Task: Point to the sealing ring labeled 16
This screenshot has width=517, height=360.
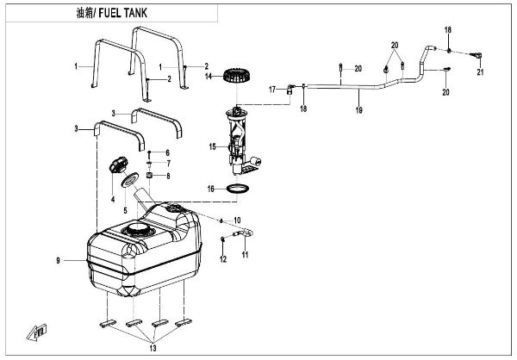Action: pyautogui.click(x=240, y=188)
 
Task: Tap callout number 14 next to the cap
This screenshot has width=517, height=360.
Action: pyautogui.click(x=209, y=77)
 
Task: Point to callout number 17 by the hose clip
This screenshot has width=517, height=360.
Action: pyautogui.click(x=271, y=89)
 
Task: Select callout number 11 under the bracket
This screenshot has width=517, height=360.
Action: pyautogui.click(x=245, y=256)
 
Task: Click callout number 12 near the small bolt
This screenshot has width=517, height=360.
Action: pyautogui.click(x=223, y=259)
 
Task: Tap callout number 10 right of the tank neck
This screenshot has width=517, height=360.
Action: pyautogui.click(x=238, y=220)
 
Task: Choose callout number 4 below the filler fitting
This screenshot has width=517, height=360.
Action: pyautogui.click(x=112, y=199)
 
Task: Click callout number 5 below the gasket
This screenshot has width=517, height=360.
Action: pyautogui.click(x=125, y=209)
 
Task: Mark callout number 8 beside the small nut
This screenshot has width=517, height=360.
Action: pyautogui.click(x=168, y=175)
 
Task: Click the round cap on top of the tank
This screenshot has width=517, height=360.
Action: pyautogui.click(x=135, y=231)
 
